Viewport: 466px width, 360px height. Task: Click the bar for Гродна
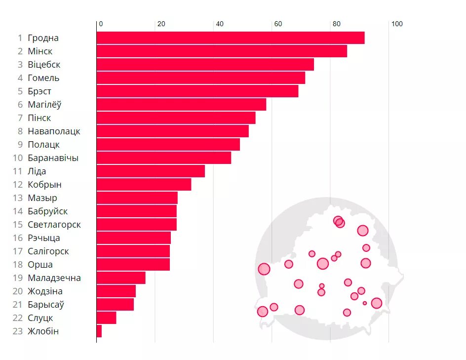[231, 38]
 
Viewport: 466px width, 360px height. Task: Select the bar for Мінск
[222, 51]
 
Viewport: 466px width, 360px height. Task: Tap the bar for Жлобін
[99, 331]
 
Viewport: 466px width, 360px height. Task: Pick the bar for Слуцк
[107, 318]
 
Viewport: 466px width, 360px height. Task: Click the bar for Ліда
[151, 171]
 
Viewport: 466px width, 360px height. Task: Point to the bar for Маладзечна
[121, 278]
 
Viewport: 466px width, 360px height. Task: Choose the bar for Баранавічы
[164, 158]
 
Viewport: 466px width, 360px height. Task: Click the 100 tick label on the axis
[397, 24]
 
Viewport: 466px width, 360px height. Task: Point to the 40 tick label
[220, 24]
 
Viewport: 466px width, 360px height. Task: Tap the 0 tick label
[101, 24]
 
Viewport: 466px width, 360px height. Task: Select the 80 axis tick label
[337, 24]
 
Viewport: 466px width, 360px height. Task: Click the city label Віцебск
[44, 65]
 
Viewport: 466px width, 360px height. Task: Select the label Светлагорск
[54, 225]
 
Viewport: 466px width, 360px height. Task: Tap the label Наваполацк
[54, 131]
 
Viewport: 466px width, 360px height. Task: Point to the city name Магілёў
[44, 105]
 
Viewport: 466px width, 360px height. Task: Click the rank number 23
[18, 331]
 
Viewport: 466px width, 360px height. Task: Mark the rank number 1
[20, 38]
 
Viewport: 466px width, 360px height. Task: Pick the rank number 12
[18, 185]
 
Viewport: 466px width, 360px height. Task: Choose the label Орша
[40, 265]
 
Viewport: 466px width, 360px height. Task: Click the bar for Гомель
[201, 78]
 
